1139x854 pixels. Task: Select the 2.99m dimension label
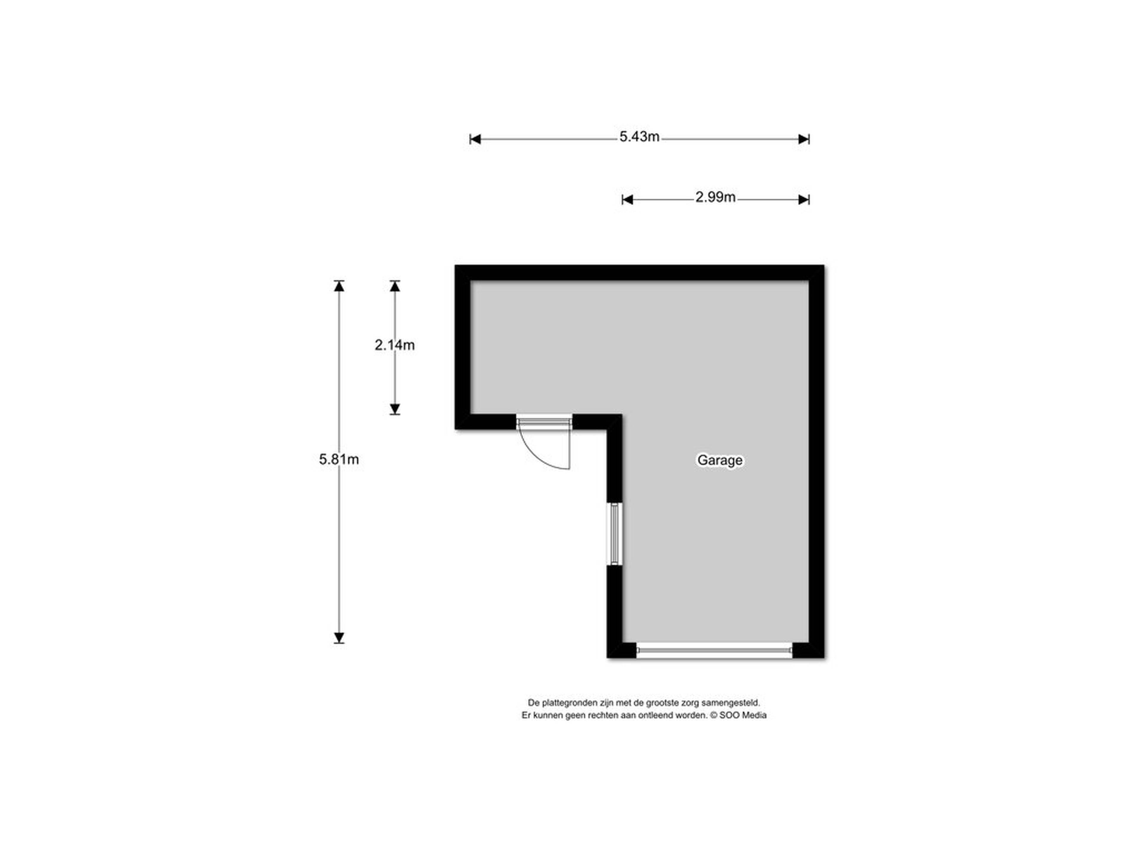pyautogui.click(x=715, y=197)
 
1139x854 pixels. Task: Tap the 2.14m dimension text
pyautogui.click(x=394, y=345)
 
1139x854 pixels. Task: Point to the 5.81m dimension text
pyautogui.click(x=339, y=459)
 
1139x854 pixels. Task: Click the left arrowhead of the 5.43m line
pyautogui.click(x=475, y=139)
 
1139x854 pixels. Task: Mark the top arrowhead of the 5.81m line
pyautogui.click(x=339, y=286)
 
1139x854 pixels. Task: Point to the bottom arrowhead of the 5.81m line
pyautogui.click(x=339, y=638)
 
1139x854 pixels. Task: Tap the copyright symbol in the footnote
pyautogui.click(x=714, y=715)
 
